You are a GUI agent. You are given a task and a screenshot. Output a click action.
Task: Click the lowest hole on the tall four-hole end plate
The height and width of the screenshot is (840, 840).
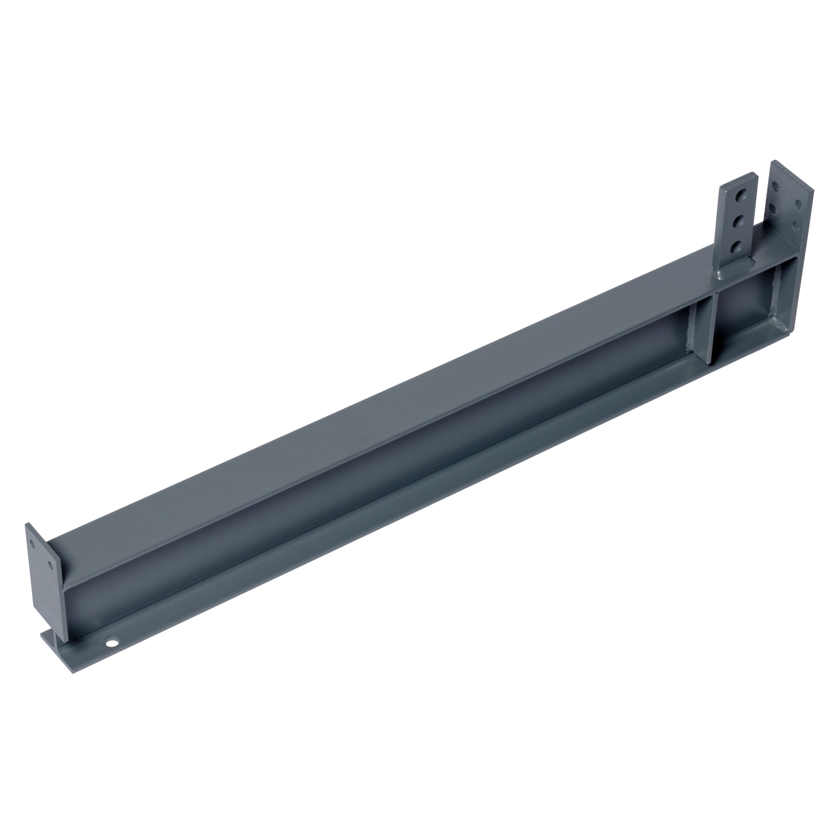tap(796, 226)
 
